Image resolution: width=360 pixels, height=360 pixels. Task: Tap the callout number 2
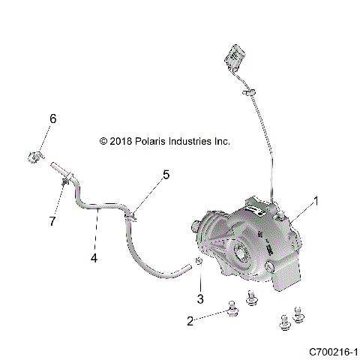point(190,320)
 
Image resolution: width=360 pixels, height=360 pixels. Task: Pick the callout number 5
point(166,175)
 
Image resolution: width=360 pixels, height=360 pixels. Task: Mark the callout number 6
point(53,118)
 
